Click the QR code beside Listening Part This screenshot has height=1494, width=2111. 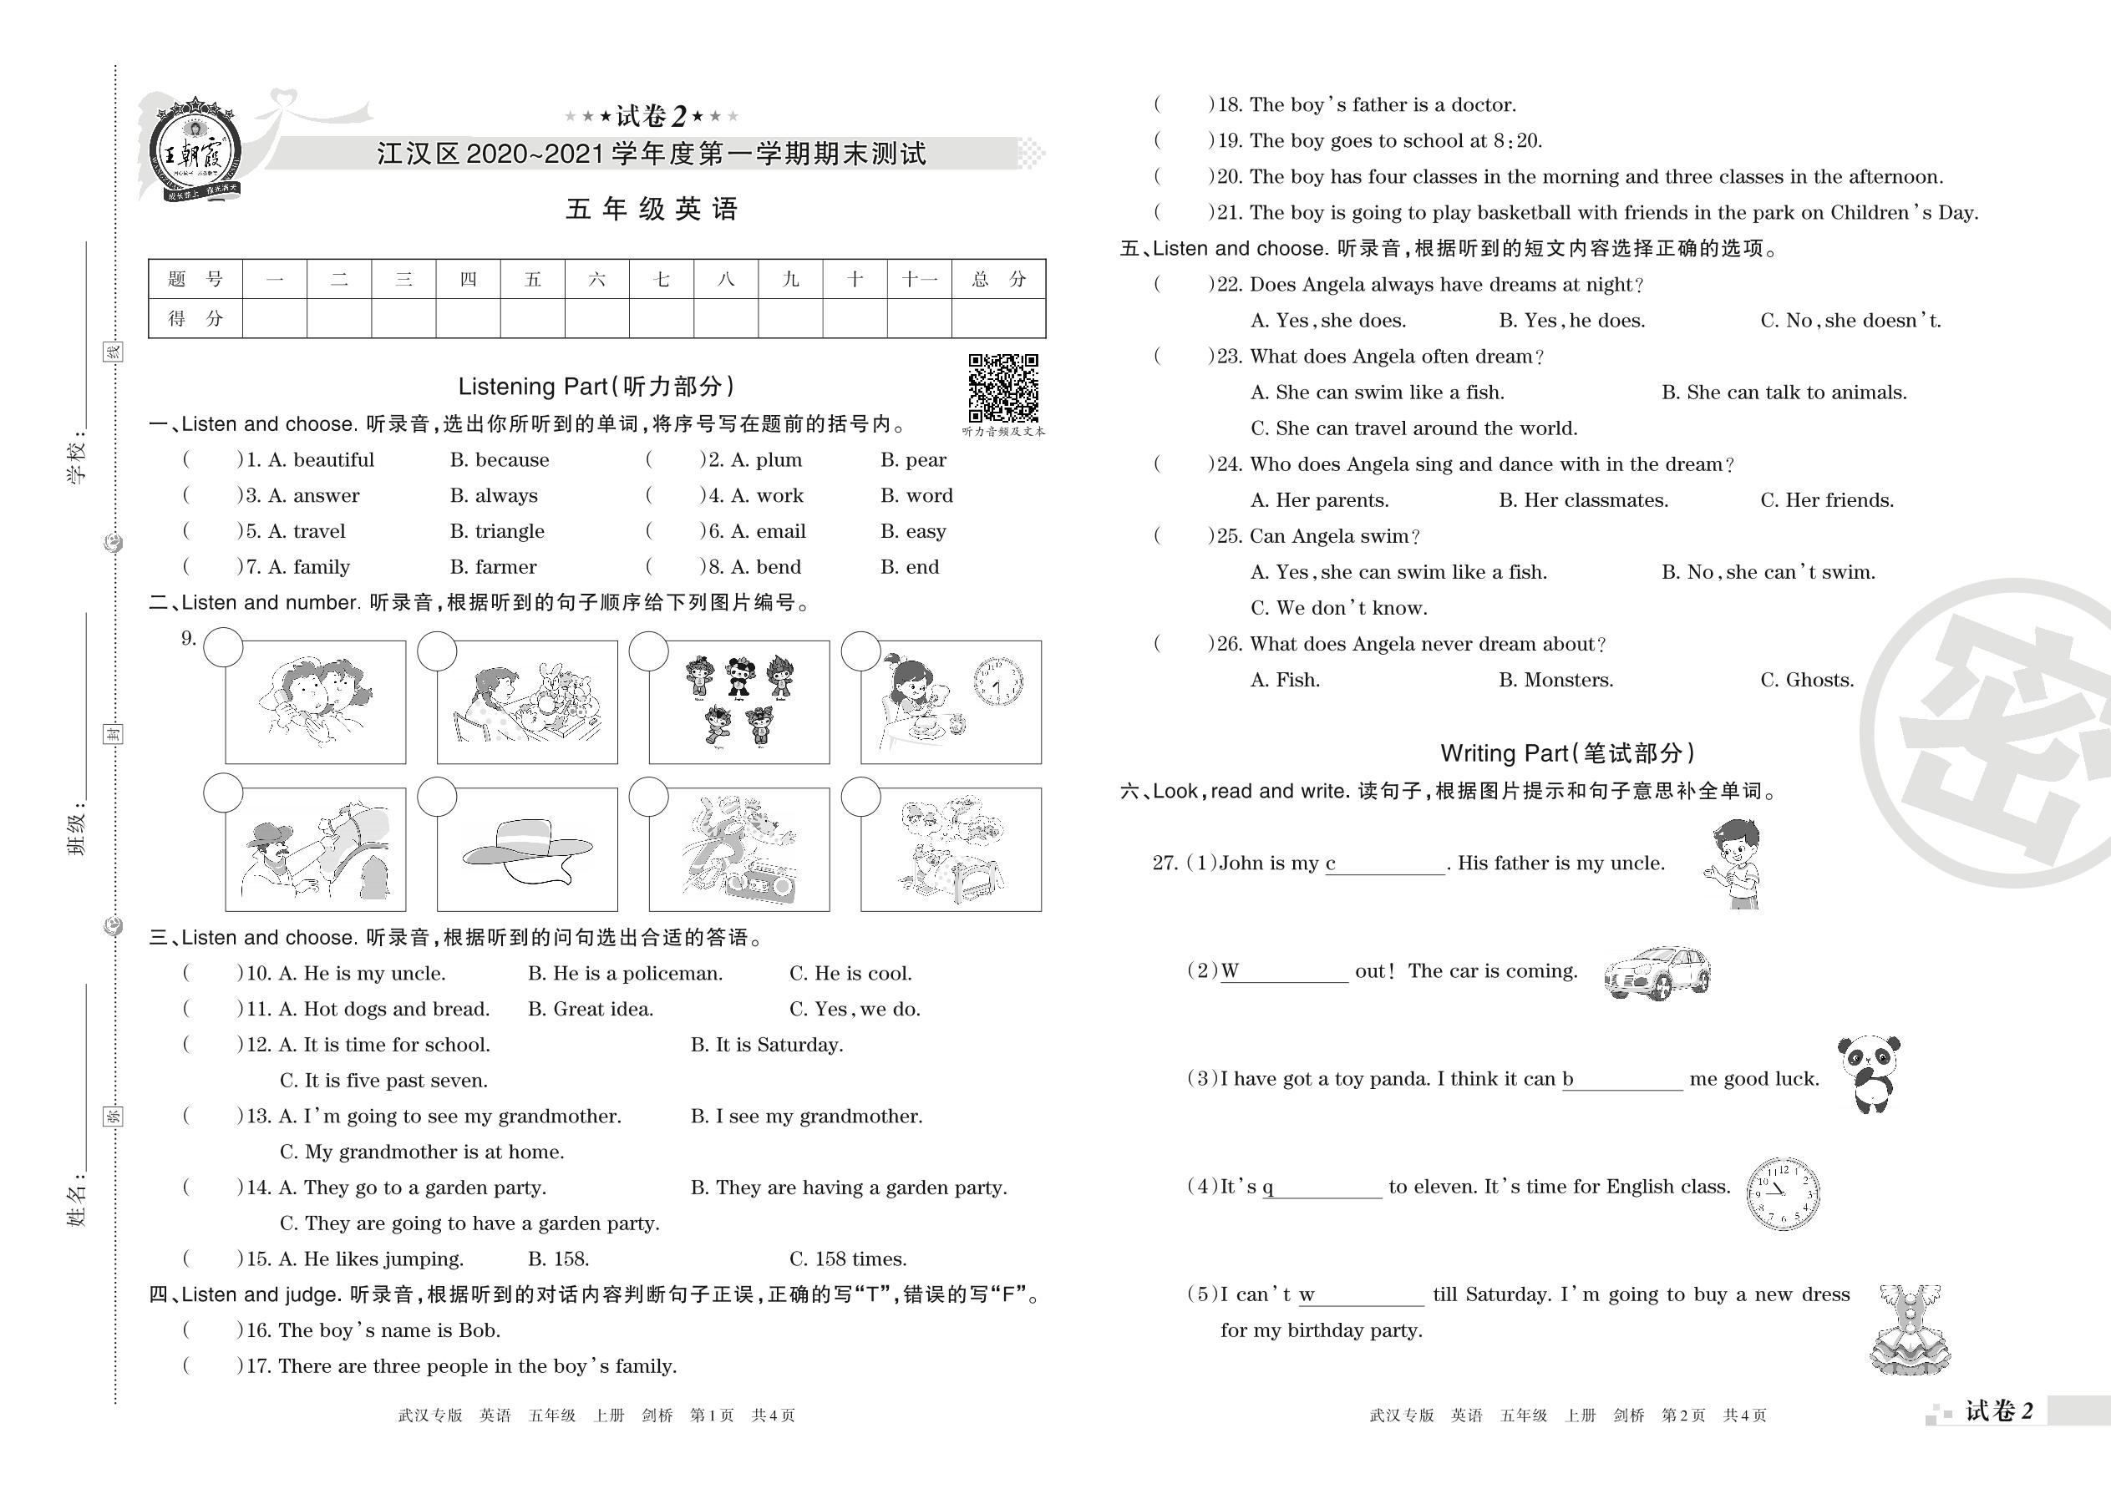1003,387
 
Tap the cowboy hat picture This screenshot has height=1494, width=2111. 527,851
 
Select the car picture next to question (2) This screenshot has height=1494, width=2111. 1657,972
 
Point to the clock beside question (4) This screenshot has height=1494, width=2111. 1783,1194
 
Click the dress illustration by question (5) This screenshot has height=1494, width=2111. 1910,1329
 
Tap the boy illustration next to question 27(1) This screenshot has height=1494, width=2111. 1733,863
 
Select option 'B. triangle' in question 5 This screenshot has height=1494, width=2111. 497,532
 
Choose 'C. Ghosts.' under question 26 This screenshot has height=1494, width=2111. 1806,680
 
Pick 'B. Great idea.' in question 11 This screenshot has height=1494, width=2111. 590,1009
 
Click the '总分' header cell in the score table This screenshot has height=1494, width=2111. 998,280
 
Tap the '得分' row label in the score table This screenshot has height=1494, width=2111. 195,318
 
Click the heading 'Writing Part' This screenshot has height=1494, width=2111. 1566,753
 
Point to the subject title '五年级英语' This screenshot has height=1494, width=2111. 652,210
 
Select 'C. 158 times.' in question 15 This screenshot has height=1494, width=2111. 848,1259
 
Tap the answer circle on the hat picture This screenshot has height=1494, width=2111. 437,797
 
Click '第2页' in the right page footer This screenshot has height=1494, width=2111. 1683,1416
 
